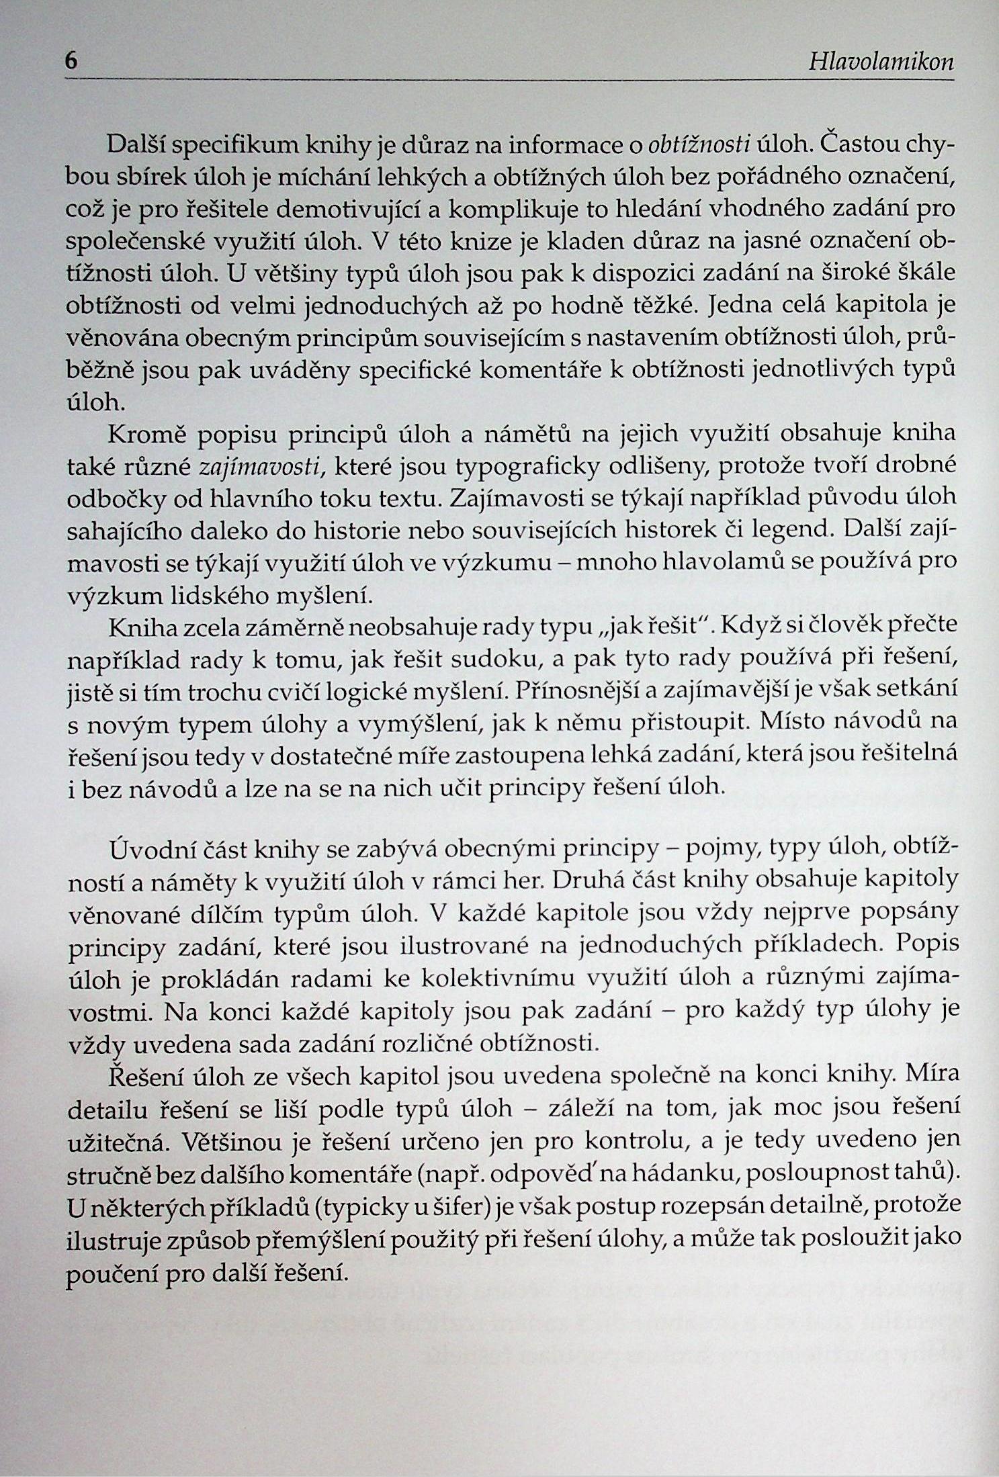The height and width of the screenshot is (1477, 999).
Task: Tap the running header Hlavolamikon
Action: click(x=881, y=62)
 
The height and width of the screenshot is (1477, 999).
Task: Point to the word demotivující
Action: click(x=351, y=210)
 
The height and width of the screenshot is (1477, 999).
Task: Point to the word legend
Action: click(x=799, y=531)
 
